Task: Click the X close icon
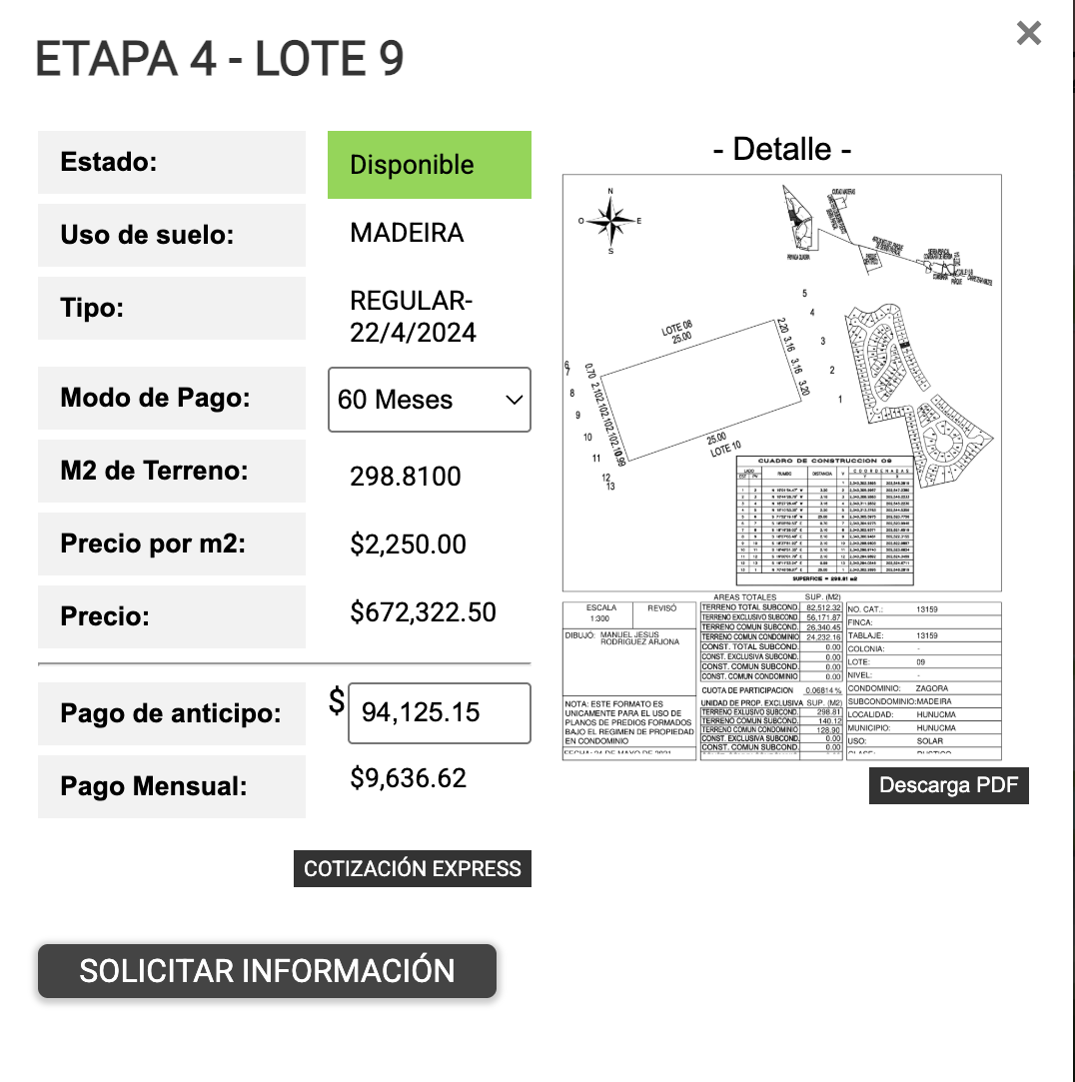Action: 1028,34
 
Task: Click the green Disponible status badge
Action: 430,165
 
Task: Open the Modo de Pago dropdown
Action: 430,400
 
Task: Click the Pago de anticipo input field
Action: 439,712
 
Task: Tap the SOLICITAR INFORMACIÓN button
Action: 267,970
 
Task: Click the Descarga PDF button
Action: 948,785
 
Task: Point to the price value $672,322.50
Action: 423,612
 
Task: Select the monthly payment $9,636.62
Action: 408,778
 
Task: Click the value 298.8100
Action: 406,477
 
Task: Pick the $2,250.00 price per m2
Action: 408,544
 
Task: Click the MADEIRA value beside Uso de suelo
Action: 407,233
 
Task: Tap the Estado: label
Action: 109,162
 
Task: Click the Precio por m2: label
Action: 153,544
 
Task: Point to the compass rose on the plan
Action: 610,220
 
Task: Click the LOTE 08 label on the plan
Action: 677,331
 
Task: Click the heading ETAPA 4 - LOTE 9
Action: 220,60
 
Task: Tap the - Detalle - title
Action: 782,150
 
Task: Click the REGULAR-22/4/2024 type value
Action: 413,317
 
